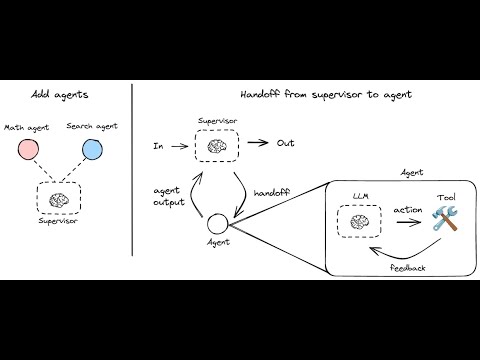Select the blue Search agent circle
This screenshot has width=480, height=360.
coord(92,150)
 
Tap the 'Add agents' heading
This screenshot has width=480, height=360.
coord(59,94)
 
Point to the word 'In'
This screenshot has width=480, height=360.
coord(157,145)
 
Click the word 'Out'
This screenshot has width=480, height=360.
coord(285,143)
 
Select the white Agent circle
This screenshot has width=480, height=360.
coord(216,223)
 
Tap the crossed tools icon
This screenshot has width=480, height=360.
coord(444,220)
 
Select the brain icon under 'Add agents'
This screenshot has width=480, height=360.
coord(62,200)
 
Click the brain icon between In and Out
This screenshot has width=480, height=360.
coord(214,145)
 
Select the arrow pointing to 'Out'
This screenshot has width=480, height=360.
coord(256,144)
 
